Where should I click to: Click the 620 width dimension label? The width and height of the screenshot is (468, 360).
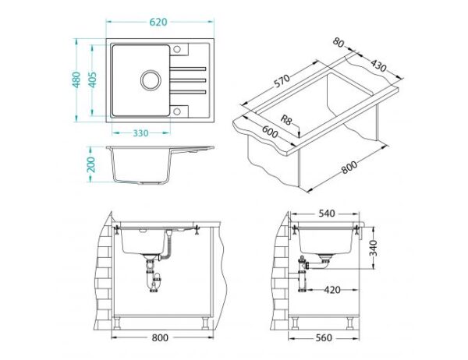point(158,22)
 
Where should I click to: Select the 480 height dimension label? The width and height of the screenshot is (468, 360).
point(76,79)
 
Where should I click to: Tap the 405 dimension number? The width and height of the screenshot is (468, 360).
point(93,79)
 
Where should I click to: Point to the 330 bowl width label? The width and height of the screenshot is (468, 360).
point(140,133)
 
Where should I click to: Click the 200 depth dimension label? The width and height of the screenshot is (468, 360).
point(90,164)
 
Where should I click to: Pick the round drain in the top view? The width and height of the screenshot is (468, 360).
point(151,80)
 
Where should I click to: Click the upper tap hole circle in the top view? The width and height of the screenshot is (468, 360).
point(177,49)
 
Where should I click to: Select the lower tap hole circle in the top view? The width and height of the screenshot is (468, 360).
point(177,111)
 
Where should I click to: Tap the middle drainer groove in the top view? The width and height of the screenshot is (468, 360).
point(188,80)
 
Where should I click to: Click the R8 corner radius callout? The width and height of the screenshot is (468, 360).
point(285,120)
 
